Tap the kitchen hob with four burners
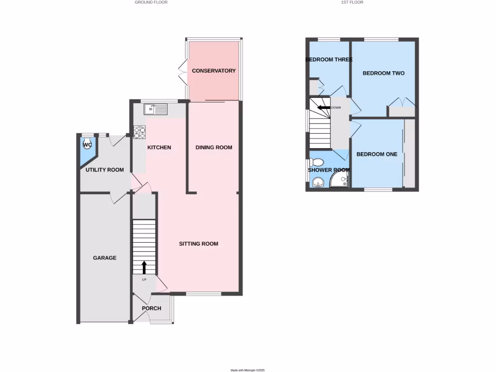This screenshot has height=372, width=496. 139,131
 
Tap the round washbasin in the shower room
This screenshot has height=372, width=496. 317,182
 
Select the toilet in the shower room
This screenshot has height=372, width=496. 318,161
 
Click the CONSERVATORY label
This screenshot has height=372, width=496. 214,71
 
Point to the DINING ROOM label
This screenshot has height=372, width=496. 214,147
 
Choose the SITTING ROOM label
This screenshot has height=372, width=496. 199,244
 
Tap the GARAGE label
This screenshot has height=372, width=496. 105,258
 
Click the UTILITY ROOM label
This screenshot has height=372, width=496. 105,170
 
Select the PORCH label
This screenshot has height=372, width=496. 151,308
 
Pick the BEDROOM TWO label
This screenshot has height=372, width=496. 384,73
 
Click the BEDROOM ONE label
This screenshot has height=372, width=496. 377,155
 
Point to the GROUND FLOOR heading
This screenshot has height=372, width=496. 151,2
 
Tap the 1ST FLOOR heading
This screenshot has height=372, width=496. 353,2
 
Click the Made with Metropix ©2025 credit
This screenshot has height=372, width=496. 248,370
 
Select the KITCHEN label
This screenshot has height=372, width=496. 159,147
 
